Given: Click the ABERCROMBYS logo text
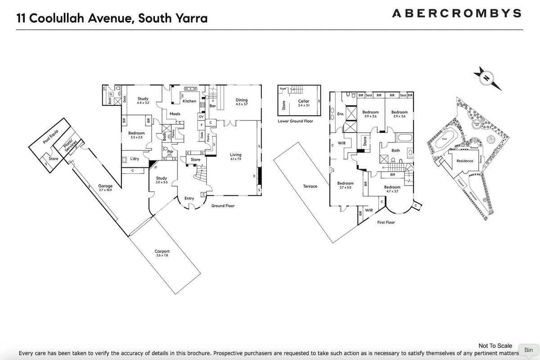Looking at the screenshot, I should pos(456,13).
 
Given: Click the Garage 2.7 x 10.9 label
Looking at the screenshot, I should pos(106,188).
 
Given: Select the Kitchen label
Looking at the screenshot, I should pos(189,101).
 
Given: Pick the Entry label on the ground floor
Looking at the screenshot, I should pos(189,198).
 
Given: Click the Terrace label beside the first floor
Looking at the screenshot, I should pos(310,186).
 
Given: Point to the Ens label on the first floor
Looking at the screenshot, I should pos(340,114).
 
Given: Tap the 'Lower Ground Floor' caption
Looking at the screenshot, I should pos(295,121).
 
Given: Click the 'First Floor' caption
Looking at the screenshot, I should pos(386,222).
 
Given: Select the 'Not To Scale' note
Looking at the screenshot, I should pos(495,346).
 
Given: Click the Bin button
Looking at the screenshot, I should pos(528,350).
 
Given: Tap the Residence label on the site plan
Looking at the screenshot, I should pos(465,161).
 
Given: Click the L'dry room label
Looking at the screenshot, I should pos(135,158).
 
